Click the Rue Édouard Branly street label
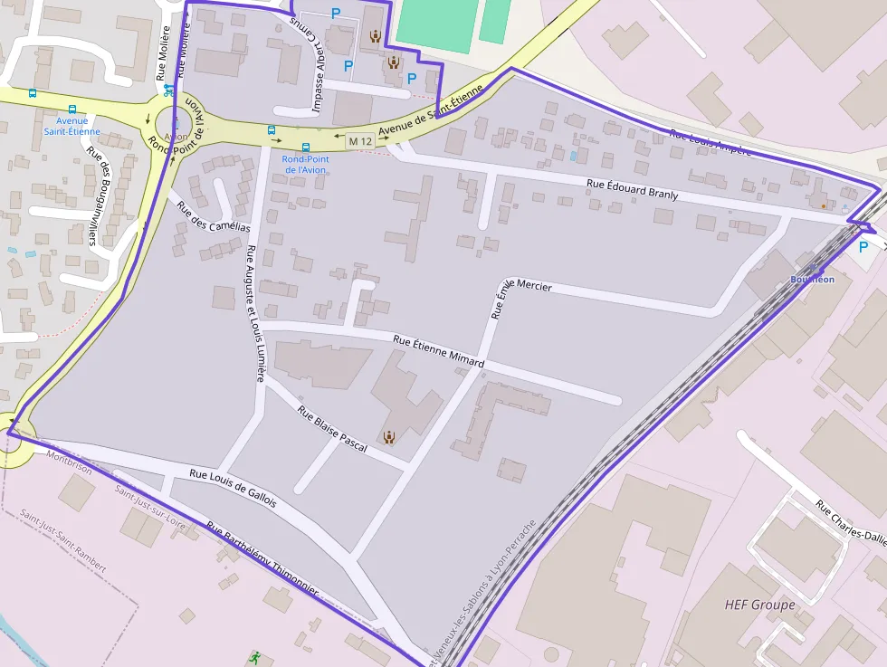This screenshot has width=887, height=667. coord(632,189)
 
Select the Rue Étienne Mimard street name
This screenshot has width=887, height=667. coord(438,351)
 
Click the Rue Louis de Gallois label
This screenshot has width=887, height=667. coord(233,487)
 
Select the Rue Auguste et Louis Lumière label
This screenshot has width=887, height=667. coord(255,313)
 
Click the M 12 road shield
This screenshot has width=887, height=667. coord(360,141)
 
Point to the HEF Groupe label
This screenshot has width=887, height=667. coord(759,605)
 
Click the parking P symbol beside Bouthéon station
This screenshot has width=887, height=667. coord(863,246)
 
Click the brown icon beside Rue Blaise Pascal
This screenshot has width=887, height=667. coord(389,437)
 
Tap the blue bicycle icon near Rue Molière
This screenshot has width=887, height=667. coord(167,90)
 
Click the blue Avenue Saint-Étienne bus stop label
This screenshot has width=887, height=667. coord(72,126)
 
